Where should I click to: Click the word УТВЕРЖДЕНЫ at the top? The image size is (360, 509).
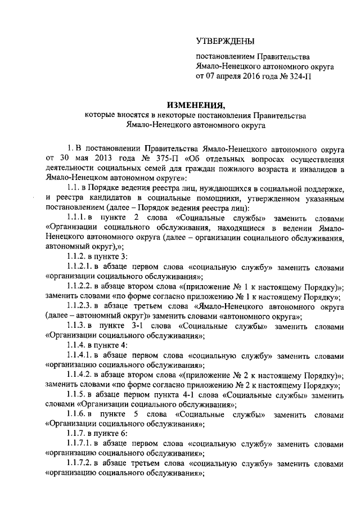pos(224,40)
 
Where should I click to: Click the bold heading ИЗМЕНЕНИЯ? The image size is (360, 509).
pos(196,105)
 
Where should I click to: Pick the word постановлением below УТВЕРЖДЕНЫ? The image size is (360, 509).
pos(224,57)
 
